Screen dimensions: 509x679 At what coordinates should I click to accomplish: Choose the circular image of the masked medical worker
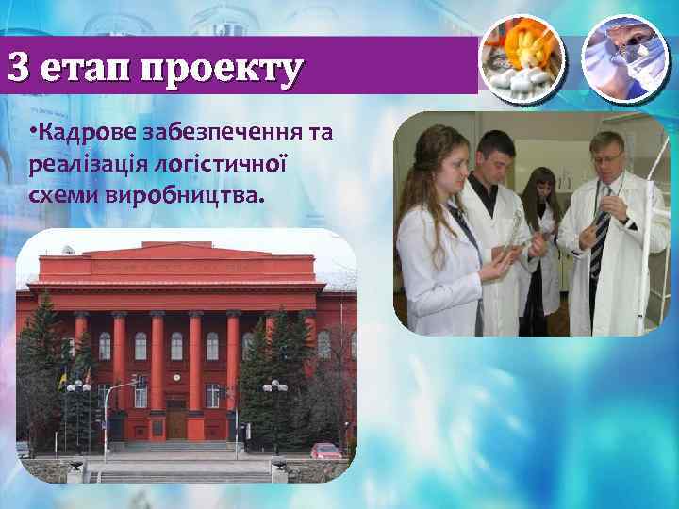(x=625, y=56)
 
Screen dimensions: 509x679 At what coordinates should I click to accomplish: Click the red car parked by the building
(x=325, y=451)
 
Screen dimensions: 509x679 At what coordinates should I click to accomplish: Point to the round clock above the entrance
(x=177, y=382)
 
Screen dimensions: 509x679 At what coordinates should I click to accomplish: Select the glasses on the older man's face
(x=606, y=156)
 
